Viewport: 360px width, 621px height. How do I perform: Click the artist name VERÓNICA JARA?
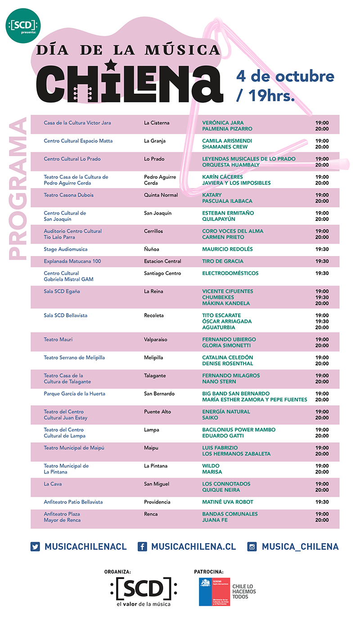[x=223, y=123]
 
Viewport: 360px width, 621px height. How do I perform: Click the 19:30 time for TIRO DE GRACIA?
[x=322, y=261]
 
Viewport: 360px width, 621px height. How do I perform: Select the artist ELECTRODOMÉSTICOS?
[x=230, y=274]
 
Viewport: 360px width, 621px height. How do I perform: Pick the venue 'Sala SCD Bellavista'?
[x=66, y=315]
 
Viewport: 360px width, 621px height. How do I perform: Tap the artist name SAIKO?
[x=210, y=418]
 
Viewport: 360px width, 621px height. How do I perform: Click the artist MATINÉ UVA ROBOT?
[x=228, y=502]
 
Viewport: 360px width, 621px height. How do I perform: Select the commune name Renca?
[x=151, y=514]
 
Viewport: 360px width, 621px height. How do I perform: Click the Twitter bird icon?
[x=36, y=547]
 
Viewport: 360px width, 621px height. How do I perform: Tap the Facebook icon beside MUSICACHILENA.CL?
[x=143, y=547]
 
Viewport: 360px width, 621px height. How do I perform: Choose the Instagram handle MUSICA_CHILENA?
[x=300, y=547]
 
